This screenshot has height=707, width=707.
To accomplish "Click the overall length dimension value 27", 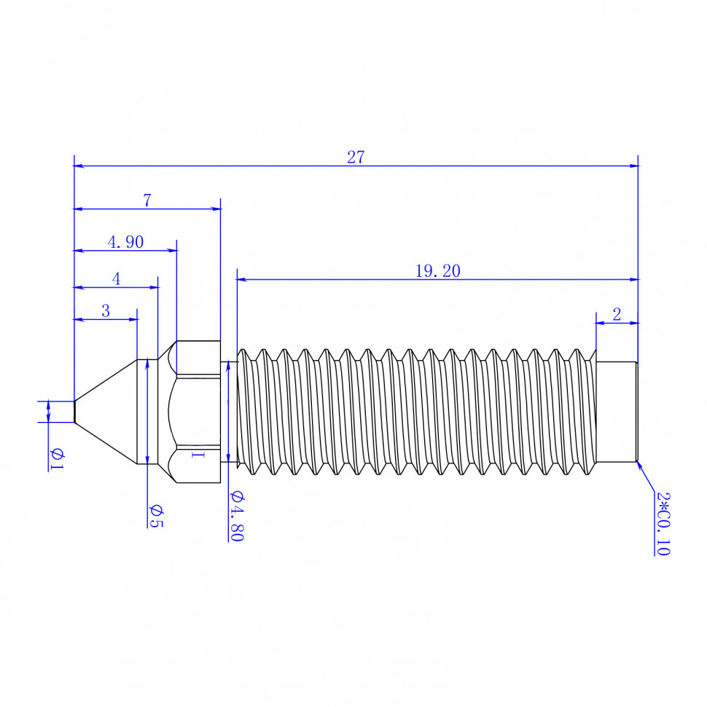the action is pyautogui.click(x=355, y=157).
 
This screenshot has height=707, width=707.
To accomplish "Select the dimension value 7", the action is pyautogui.click(x=147, y=200).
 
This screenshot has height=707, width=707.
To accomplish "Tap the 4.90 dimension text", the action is pyautogui.click(x=126, y=242).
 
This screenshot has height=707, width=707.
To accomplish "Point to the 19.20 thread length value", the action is pyautogui.click(x=438, y=271).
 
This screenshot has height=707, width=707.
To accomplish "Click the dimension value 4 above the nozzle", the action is pyautogui.click(x=117, y=279).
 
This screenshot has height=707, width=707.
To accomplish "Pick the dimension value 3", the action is pyautogui.click(x=106, y=310).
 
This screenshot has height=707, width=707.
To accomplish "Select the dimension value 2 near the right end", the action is pyautogui.click(x=617, y=314).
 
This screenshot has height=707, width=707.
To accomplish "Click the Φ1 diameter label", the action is pyautogui.click(x=57, y=459).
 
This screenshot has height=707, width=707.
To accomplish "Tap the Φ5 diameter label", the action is pyautogui.click(x=156, y=516).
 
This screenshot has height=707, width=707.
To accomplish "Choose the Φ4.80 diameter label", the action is pyautogui.click(x=237, y=516).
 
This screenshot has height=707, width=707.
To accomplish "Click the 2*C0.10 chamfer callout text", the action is pyautogui.click(x=663, y=523).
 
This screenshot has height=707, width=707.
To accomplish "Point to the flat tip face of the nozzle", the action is pyautogui.click(x=74, y=412).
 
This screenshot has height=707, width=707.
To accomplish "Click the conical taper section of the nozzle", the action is pyautogui.click(x=106, y=412).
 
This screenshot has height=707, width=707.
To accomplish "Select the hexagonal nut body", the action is pyautogui.click(x=194, y=412).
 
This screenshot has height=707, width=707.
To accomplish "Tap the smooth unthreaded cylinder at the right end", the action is pyautogui.click(x=617, y=412).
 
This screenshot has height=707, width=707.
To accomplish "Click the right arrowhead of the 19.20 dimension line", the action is pyautogui.click(x=633, y=280).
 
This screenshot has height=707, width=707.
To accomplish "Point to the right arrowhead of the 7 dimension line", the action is pyautogui.click(x=216, y=208).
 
